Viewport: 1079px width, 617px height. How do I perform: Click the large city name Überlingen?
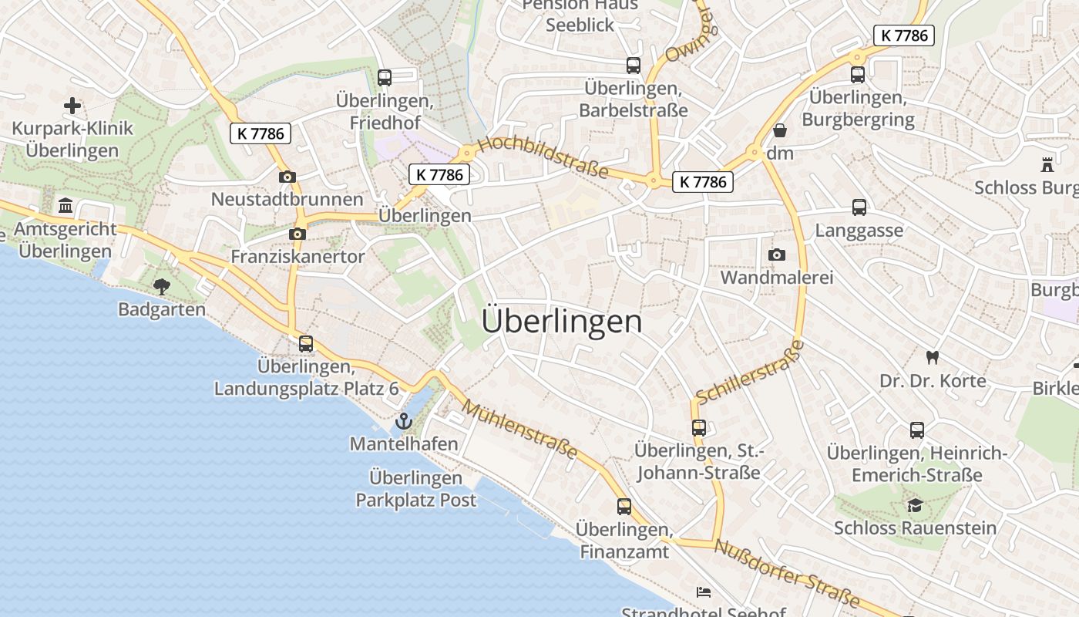[x=562, y=322]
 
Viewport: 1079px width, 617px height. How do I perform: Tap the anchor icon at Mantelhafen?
[x=403, y=421]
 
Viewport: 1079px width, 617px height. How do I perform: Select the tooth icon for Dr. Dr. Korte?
[x=933, y=357]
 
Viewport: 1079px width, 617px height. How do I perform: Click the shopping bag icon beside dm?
[x=780, y=130]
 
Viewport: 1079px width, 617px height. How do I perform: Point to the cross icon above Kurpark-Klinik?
[x=72, y=105]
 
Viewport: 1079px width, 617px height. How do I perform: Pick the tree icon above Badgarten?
[x=161, y=287]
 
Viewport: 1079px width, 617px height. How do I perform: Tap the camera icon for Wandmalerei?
[x=777, y=255]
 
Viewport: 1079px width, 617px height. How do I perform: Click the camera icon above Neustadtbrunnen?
[x=287, y=177]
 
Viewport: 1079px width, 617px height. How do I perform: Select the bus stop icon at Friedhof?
[x=384, y=77]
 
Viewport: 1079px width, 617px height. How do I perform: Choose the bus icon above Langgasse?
[x=859, y=207]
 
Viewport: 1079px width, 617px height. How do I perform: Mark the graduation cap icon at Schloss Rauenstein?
[x=915, y=505]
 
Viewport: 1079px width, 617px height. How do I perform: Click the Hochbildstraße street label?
[x=543, y=157]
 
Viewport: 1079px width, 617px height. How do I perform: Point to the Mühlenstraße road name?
[x=520, y=430]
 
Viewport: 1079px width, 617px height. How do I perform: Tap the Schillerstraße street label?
[x=749, y=373]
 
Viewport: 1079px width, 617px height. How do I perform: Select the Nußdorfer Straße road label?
[x=787, y=575]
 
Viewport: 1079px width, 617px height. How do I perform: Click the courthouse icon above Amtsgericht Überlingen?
[x=66, y=206]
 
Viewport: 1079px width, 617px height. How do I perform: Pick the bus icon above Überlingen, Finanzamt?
[x=624, y=507]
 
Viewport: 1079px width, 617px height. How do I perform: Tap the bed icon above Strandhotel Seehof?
[x=704, y=592]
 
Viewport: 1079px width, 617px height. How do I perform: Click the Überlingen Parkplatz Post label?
[x=415, y=489]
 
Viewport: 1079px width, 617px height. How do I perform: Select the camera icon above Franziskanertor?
[x=297, y=234]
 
